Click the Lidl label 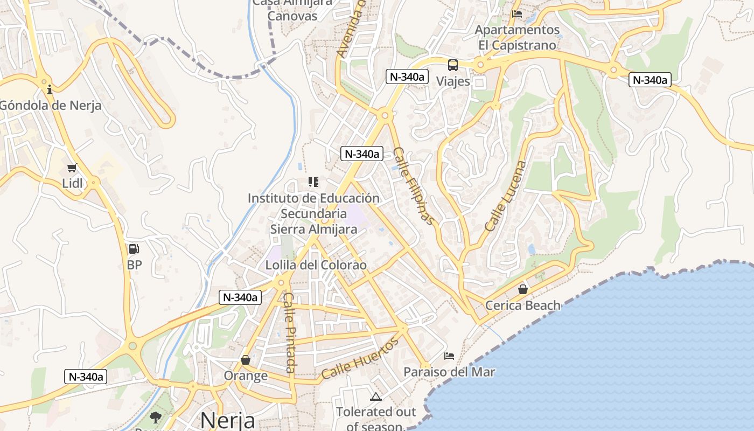point(73,183)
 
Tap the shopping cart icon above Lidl point(72,168)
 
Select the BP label point(134,265)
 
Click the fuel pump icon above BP point(134,249)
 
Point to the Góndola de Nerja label point(50,105)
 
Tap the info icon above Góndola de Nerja point(50,89)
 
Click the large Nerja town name point(228,420)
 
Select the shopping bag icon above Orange point(246,360)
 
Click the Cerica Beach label point(522,305)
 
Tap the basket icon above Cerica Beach point(522,290)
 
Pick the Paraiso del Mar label point(449,372)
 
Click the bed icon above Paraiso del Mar point(449,356)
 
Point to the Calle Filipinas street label point(413,186)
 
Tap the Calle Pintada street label point(290,332)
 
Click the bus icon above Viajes point(453,65)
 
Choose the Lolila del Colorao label point(316,265)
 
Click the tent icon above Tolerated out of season point(376,397)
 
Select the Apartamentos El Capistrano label point(517,37)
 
